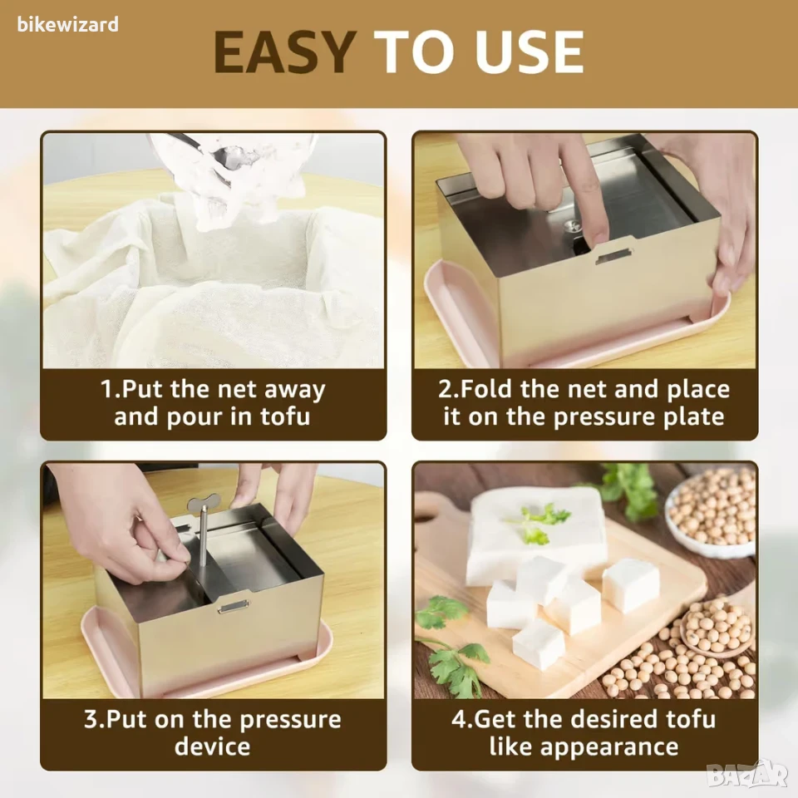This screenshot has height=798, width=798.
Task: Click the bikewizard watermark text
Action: [x=67, y=24]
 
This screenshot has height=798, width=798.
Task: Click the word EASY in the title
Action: [x=284, y=52]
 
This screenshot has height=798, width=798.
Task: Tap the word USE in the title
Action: [x=530, y=52]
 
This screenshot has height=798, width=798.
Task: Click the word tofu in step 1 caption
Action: [x=285, y=416]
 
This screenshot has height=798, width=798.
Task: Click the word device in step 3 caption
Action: [x=212, y=746]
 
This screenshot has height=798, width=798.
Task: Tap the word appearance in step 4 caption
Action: [x=609, y=746]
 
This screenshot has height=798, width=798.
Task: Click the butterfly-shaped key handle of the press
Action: [x=203, y=505]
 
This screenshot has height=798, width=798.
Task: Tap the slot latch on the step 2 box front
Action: [x=613, y=256]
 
